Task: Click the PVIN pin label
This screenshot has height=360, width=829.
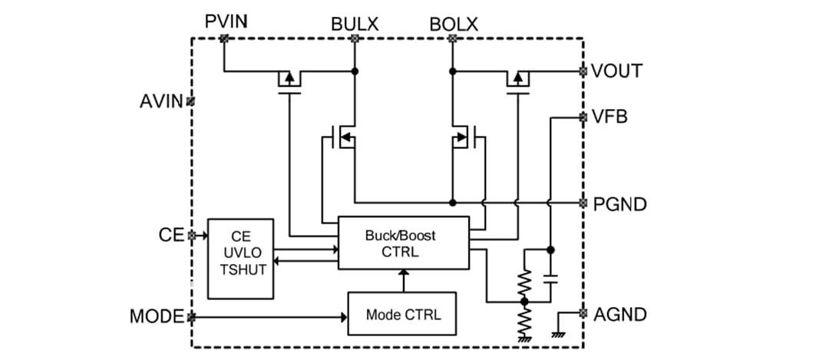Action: pos(226,21)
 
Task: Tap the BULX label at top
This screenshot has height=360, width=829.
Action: pos(355,24)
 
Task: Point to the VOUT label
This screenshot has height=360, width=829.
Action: pos(616,71)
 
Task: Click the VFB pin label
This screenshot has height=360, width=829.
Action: pos(610,117)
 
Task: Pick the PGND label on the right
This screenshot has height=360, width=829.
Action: pos(619,204)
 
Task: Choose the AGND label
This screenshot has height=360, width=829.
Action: pos(619,314)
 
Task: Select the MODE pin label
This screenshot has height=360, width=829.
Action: pos(157,316)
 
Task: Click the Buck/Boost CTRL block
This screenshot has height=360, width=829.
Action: pos(403,242)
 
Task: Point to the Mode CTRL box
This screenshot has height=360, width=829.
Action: pos(401,314)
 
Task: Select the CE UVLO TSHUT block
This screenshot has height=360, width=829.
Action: pos(241,258)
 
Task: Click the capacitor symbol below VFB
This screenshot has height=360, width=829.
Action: pos(550,279)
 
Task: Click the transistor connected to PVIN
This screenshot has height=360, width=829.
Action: pos(289,79)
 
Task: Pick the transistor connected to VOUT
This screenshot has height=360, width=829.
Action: pos(518,79)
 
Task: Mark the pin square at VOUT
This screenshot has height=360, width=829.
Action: pos(583,71)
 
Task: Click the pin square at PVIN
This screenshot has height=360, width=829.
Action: pos(223,38)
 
